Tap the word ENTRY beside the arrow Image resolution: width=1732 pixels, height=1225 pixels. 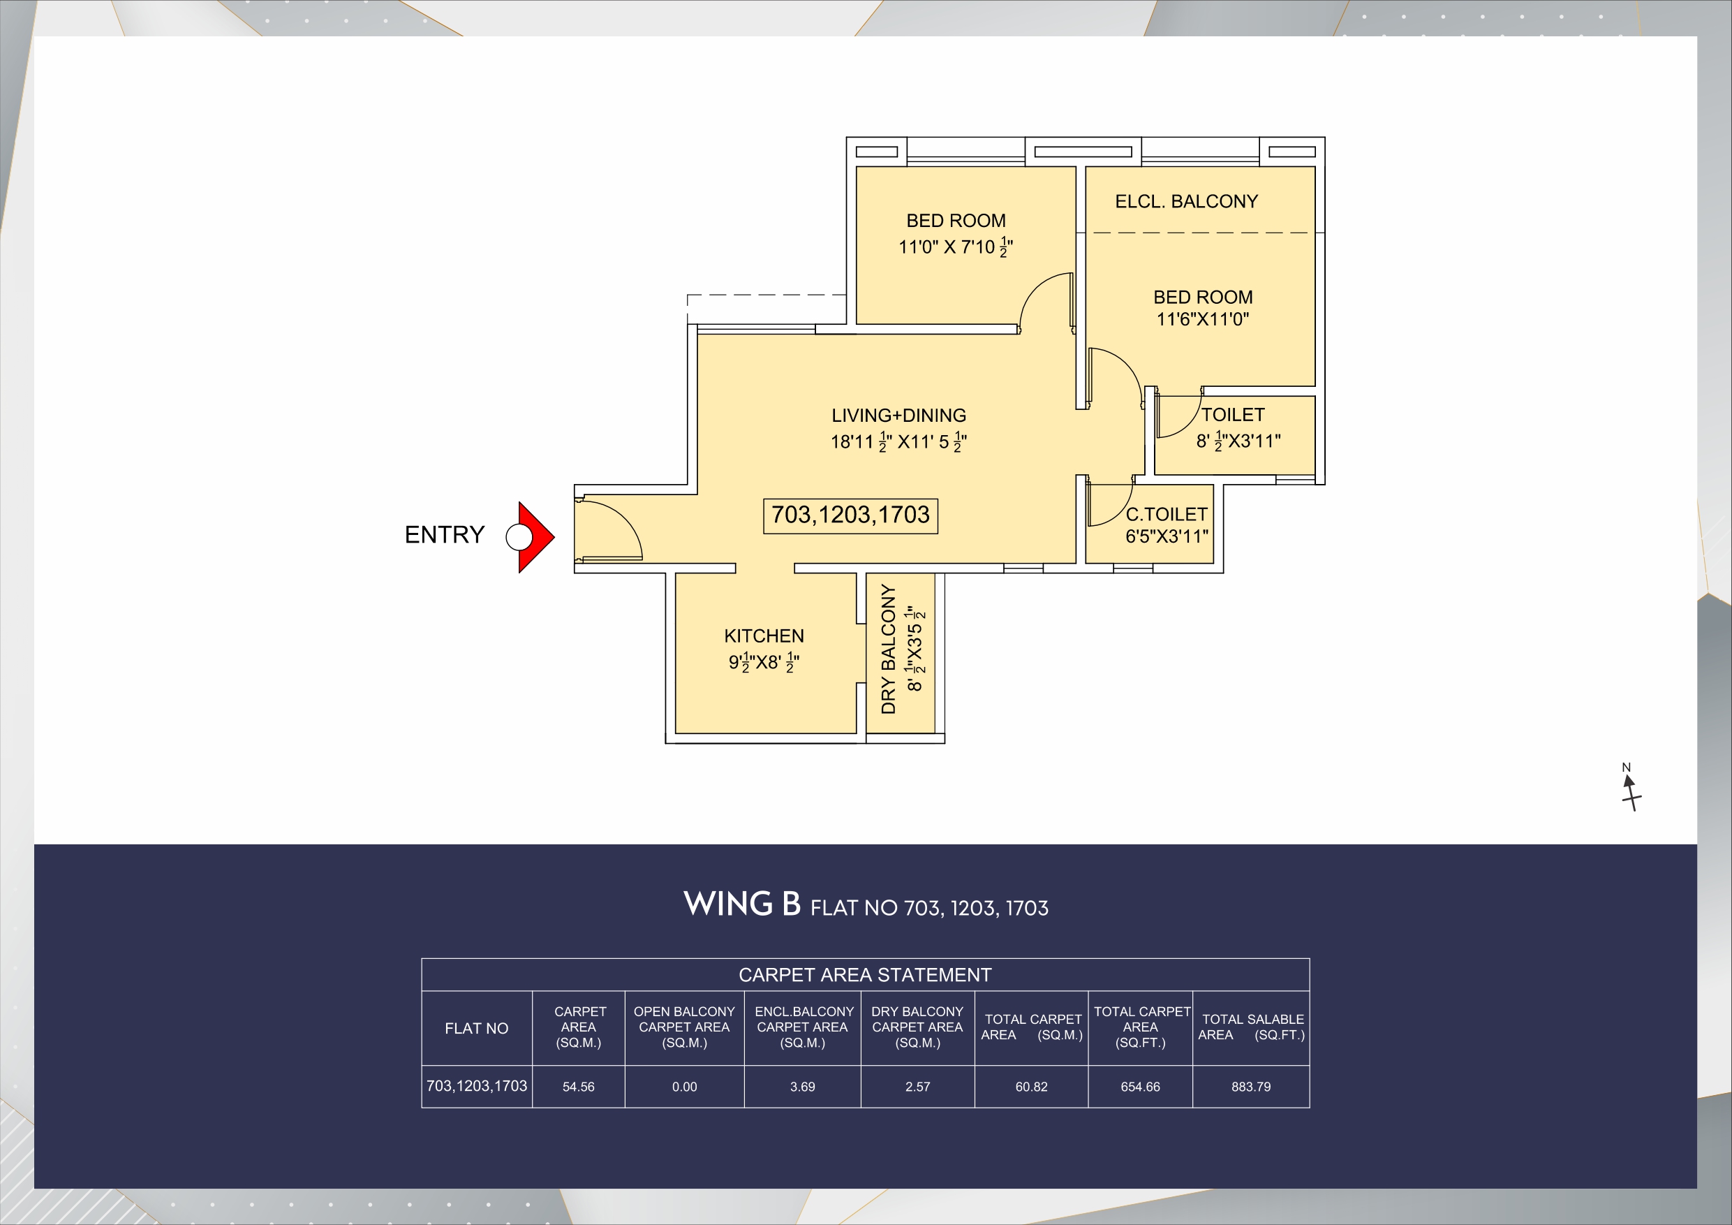[444, 534]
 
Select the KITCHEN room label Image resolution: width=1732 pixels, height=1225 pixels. [764, 636]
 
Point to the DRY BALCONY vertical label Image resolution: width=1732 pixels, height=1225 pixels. [889, 649]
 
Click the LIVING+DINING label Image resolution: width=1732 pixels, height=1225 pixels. [898, 415]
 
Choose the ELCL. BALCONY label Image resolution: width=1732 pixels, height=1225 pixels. [1187, 202]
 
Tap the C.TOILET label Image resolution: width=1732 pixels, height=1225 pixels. [1167, 514]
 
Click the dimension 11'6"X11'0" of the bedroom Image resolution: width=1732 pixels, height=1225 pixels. [1202, 319]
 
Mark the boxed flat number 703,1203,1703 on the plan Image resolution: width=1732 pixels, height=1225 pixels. [850, 515]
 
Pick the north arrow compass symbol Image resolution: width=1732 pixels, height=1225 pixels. [1630, 789]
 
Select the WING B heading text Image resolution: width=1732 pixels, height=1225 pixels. [741, 904]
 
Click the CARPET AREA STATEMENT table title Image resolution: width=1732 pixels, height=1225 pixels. [864, 975]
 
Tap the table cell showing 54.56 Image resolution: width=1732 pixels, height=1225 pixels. [579, 1087]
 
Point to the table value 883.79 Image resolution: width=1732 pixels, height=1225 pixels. [1251, 1087]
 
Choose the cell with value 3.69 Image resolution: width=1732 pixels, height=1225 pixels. [802, 1087]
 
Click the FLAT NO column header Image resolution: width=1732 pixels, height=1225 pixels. [476, 1028]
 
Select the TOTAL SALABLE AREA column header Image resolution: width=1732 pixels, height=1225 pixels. [1252, 1027]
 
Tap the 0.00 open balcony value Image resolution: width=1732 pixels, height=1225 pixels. [684, 1087]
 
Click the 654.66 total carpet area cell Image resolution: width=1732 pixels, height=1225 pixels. [1140, 1087]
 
